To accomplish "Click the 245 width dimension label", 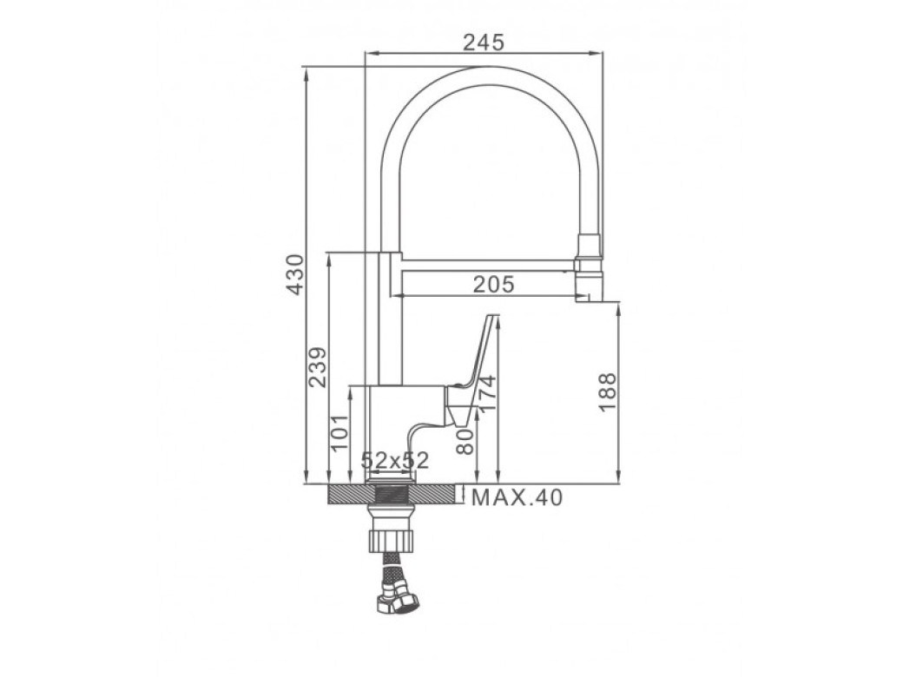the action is tap(484, 42).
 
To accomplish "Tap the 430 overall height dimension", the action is tap(295, 274).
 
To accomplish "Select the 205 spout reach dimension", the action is tap(493, 285).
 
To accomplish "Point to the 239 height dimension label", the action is tap(317, 366).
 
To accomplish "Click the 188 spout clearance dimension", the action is tap(607, 392).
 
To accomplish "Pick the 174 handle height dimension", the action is tap(486, 393).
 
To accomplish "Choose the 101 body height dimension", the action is tap(340, 431).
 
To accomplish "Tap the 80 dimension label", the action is tap(465, 441).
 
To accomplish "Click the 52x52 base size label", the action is tap(395, 459).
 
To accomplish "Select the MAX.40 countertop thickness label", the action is tap(517, 496).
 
